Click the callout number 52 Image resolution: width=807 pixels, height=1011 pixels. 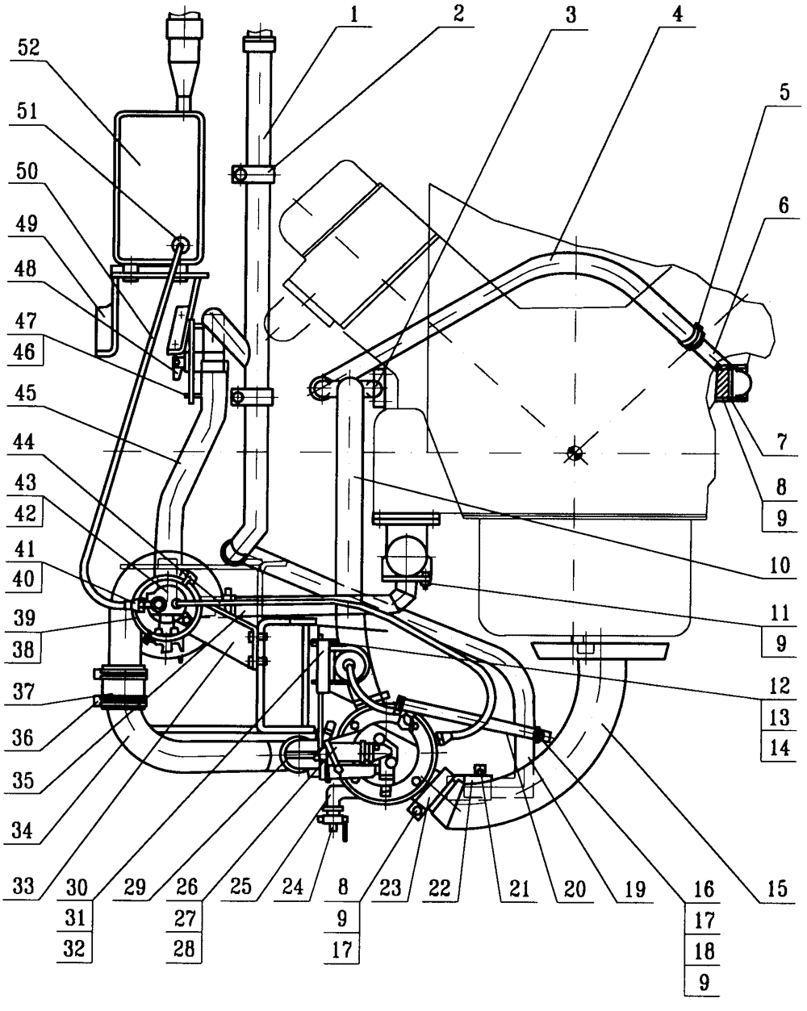pos(27,48)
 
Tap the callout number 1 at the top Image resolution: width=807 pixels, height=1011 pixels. pos(354,15)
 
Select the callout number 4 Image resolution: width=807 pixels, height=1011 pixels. pos(676,15)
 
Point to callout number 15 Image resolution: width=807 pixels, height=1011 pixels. pos(776,888)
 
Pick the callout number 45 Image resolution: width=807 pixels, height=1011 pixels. pos(26,393)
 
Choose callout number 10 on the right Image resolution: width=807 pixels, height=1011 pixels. pos(780,565)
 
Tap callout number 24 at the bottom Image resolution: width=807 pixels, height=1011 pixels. pos(291,888)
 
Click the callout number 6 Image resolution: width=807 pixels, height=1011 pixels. pos(784,205)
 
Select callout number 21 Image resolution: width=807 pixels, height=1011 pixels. pos(520,888)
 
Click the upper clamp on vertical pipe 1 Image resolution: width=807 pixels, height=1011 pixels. pos(253,174)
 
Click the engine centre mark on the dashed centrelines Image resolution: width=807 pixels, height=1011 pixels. pos(574,453)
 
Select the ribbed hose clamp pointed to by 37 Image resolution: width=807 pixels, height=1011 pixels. pos(121,701)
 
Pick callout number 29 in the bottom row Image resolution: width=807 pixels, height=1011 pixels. pos(136,888)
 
